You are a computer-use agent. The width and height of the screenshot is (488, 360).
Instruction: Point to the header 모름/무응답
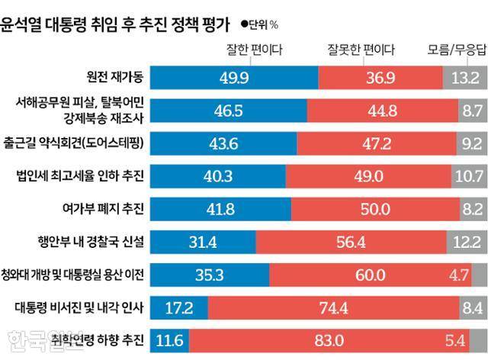455,50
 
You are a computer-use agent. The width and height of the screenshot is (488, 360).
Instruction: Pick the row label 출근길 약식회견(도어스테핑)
82,143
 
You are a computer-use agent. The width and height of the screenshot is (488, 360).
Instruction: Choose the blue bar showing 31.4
202,243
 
